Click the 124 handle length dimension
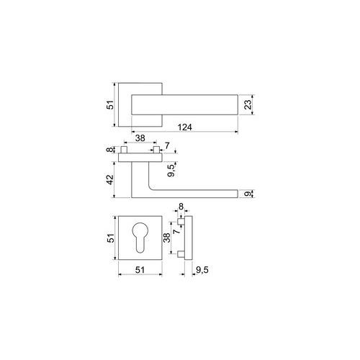(x=185, y=127)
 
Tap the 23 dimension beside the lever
(x=248, y=104)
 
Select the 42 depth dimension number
(x=110, y=180)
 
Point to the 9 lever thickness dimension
(x=248, y=194)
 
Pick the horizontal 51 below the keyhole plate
(x=140, y=270)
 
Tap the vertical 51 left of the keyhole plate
(x=111, y=238)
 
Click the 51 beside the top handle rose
(x=110, y=105)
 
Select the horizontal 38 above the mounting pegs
(x=140, y=138)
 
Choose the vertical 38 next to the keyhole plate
(x=166, y=238)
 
